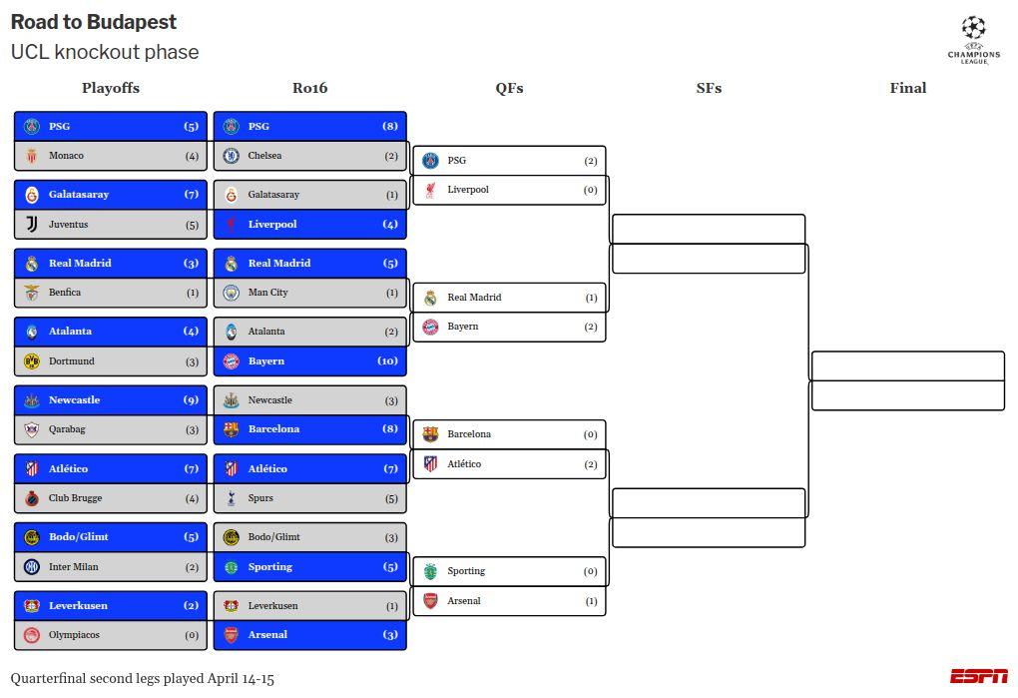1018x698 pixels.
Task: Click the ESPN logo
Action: (x=978, y=676)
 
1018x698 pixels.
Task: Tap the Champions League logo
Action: (x=973, y=40)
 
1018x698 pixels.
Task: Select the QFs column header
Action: (x=509, y=88)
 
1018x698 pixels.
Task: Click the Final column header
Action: (x=907, y=88)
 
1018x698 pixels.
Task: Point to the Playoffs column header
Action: (x=111, y=88)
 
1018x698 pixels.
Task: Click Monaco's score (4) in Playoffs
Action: (x=192, y=156)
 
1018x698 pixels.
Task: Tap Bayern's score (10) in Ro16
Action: (x=387, y=361)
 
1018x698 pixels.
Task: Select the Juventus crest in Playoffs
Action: (x=32, y=225)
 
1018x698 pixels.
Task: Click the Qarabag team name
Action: (x=67, y=429)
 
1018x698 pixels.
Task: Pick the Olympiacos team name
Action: (x=74, y=635)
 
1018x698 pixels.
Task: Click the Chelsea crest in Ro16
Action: (x=232, y=156)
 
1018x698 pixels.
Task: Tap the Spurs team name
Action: (x=260, y=498)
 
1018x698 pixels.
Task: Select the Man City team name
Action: (x=267, y=293)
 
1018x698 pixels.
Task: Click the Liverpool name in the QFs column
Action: (x=468, y=190)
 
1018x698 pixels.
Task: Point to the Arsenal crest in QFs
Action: (x=431, y=601)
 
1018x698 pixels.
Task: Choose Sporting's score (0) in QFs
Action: (x=590, y=571)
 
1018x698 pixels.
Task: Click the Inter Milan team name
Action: (x=74, y=567)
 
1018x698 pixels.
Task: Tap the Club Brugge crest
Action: (x=32, y=498)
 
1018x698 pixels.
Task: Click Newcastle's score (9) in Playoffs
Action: (x=191, y=400)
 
